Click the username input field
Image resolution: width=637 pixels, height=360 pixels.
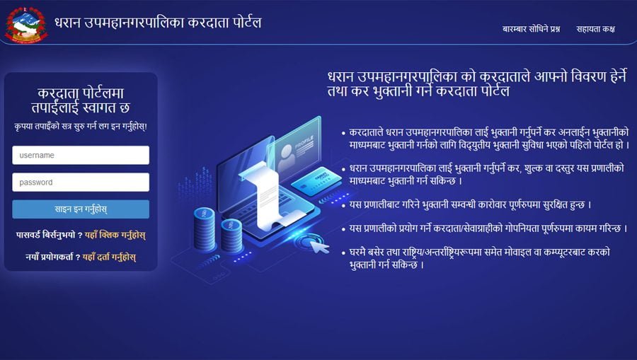(x=80, y=155)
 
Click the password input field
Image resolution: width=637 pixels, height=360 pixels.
(x=80, y=182)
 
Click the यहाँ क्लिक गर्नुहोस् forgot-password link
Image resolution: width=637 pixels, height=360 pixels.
(x=114, y=234)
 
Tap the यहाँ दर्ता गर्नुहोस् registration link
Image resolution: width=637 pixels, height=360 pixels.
(x=109, y=257)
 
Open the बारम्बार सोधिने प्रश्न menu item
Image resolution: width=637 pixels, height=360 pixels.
(x=531, y=29)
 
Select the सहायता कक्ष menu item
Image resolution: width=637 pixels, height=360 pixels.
(x=595, y=29)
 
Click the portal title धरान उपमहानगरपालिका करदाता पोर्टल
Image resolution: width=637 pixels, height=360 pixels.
(x=159, y=22)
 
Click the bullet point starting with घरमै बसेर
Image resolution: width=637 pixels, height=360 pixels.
(x=474, y=258)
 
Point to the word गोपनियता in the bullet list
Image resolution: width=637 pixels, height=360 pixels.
(x=519, y=228)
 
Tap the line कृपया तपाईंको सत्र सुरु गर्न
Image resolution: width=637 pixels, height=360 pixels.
(x=80, y=126)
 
